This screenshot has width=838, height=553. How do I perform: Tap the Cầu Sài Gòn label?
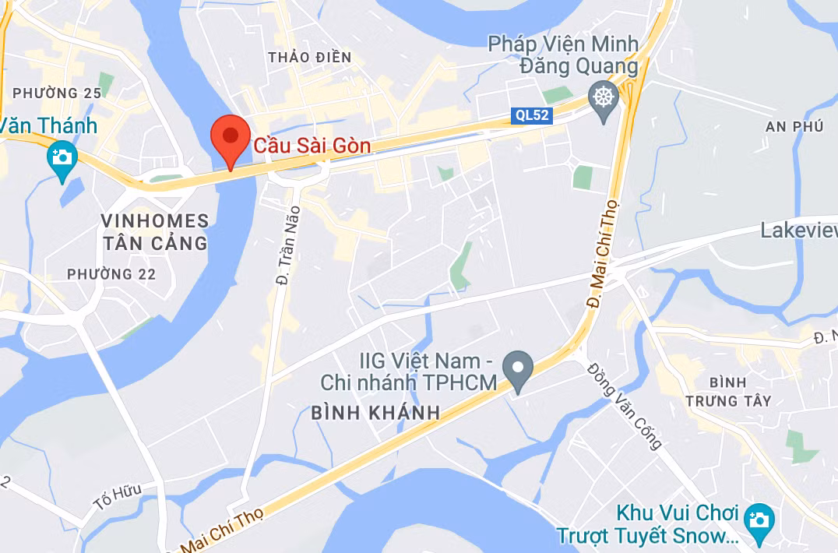pyautogui.click(x=312, y=146)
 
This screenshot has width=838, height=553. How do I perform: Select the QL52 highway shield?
pyautogui.click(x=533, y=116)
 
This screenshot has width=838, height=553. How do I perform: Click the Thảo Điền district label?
pyautogui.click(x=309, y=57)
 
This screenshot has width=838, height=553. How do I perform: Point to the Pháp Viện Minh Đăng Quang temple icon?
pyautogui.click(x=603, y=99)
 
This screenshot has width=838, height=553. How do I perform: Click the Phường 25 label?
pyautogui.click(x=57, y=93)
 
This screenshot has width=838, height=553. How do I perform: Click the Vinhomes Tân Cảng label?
pyautogui.click(x=155, y=232)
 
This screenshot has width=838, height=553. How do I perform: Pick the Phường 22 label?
pyautogui.click(x=111, y=274)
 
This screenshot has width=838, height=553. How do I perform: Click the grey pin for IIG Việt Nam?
pyautogui.click(x=517, y=368)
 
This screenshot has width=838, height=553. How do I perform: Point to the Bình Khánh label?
pyautogui.click(x=375, y=413)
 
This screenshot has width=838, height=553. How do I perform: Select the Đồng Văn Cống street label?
pyautogui.click(x=625, y=406)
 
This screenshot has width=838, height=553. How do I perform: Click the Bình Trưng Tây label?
pyautogui.click(x=729, y=391)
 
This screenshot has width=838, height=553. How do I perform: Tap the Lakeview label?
pyautogui.click(x=798, y=231)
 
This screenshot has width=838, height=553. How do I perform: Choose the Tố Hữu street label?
pyautogui.click(x=118, y=496)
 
